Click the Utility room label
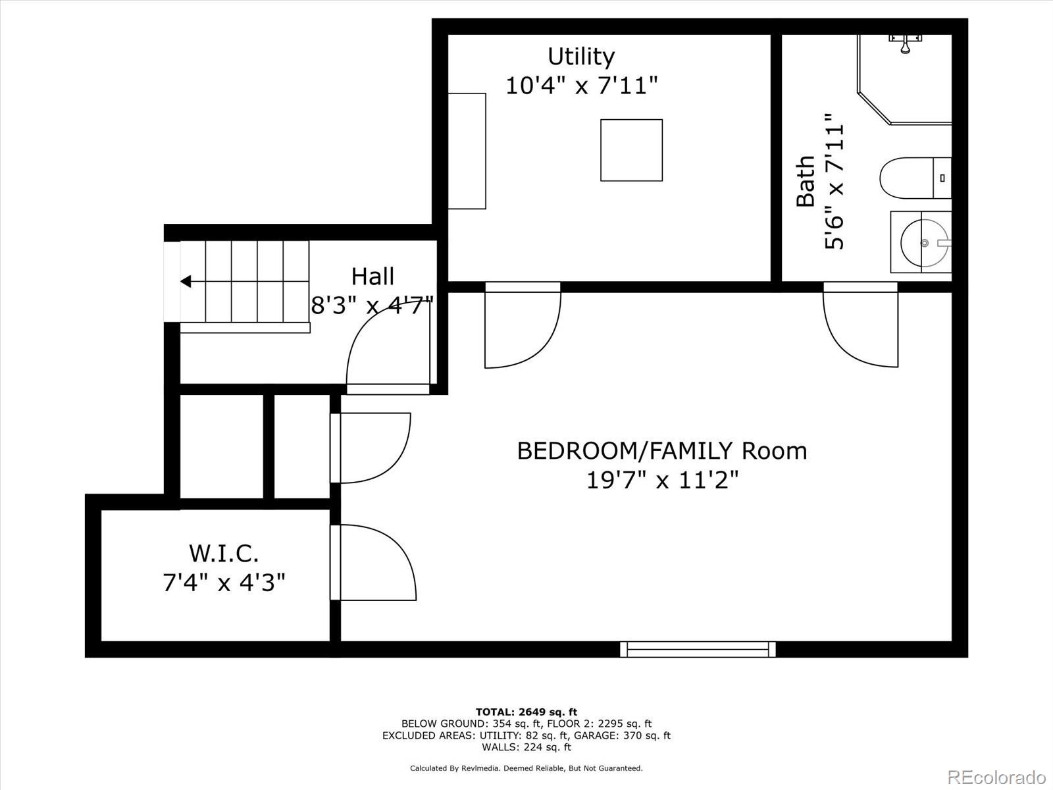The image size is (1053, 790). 581,57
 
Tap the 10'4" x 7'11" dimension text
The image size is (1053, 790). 581,86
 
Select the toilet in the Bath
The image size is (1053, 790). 915,178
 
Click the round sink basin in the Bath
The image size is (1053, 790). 925,243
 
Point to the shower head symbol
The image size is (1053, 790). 905,43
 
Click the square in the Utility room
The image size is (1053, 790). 631,150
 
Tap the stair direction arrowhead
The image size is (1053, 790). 186,282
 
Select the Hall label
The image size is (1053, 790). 372,276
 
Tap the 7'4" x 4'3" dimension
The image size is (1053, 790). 224,583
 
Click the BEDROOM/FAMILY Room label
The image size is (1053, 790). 662,451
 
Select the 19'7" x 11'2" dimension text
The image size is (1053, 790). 663,480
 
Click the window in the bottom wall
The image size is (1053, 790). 698,650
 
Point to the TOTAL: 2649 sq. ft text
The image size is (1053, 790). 526,712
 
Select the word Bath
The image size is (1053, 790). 806,181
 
